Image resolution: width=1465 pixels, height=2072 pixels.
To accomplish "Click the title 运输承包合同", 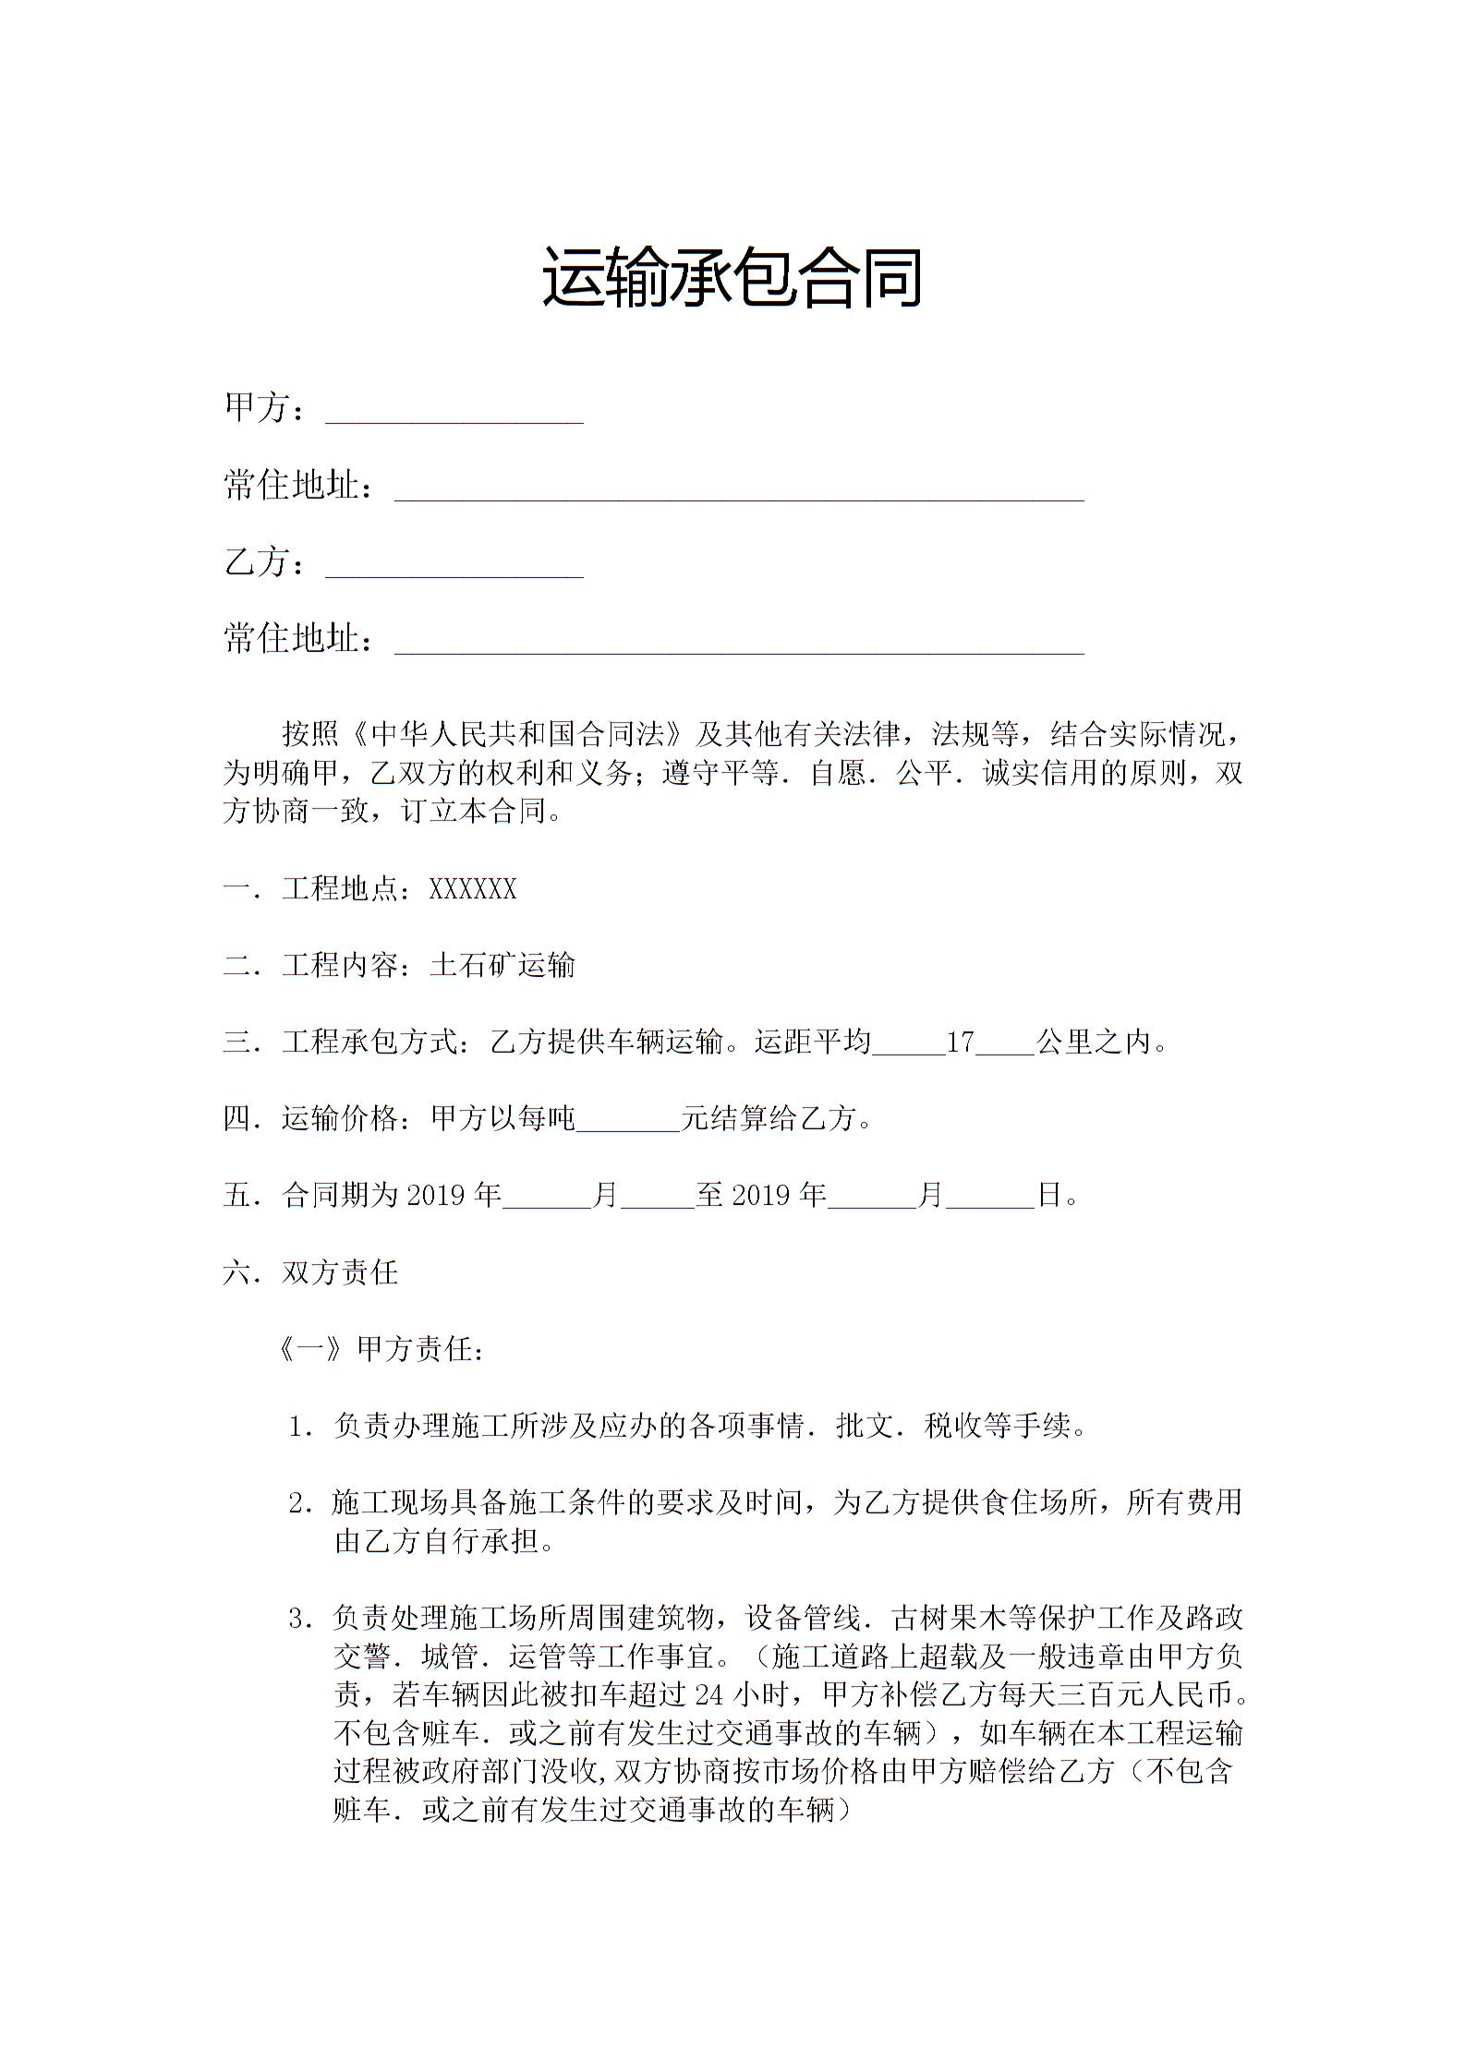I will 732,277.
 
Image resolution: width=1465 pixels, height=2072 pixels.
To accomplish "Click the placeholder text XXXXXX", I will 473,889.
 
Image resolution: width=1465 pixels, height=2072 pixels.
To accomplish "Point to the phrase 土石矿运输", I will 502,966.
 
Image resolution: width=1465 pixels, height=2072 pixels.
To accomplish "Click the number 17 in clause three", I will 961,1042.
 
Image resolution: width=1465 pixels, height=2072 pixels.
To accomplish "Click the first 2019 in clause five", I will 439,1196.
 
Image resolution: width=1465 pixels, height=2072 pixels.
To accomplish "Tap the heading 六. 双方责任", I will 310,1273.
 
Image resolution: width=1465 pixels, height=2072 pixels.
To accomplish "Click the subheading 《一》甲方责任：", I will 381,1350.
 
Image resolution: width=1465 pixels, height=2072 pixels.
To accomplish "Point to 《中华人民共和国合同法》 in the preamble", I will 517,734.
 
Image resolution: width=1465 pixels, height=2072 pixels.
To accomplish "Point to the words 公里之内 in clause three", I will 1095,1042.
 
